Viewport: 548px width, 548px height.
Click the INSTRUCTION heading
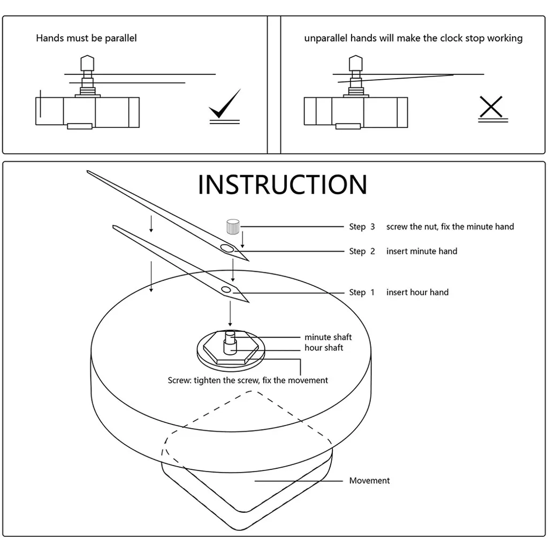283,185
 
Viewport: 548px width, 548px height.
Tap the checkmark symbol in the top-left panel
225,105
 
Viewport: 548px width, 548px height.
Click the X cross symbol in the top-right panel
491,106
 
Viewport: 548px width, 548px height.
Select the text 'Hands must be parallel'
86,38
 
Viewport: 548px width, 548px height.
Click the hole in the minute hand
227,248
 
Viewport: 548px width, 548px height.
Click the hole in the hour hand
226,290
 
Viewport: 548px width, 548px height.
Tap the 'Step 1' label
361,292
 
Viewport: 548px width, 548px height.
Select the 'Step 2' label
362,251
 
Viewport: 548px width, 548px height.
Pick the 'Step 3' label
362,226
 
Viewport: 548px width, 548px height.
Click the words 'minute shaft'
328,337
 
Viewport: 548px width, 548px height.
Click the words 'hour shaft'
324,348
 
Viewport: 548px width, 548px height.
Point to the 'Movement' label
369,481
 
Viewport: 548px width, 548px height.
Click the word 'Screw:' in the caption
179,380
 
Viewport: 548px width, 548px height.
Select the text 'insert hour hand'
417,292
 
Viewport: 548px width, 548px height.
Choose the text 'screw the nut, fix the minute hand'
450,226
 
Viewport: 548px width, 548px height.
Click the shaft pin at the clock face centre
230,341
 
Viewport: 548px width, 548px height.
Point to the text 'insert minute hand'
422,251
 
